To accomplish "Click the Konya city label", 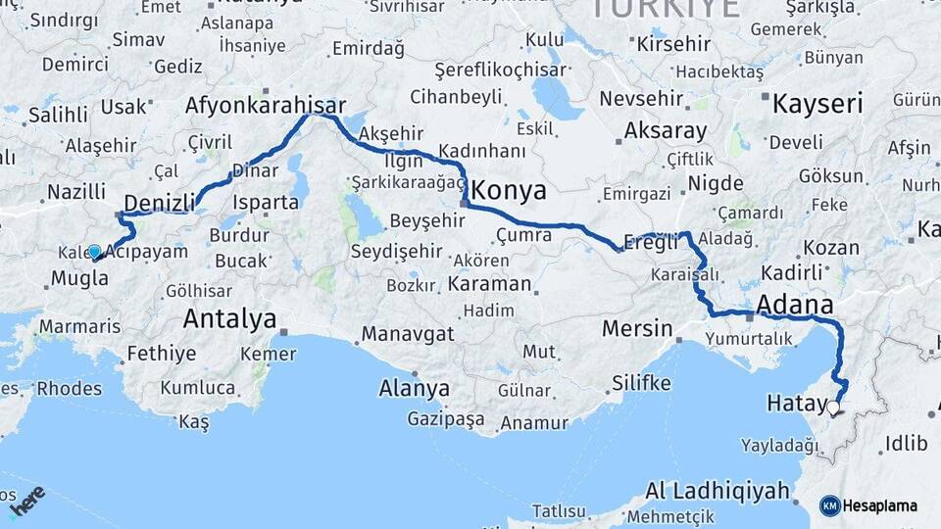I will click(x=510, y=189).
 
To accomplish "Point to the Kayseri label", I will click(x=817, y=103).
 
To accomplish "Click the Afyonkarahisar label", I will click(x=266, y=106).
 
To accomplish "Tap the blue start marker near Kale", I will click(x=94, y=252).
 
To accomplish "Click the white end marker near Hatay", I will click(x=833, y=408).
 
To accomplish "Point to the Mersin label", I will click(x=637, y=328).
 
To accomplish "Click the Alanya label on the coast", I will click(x=414, y=388).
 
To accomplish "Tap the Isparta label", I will click(x=266, y=203).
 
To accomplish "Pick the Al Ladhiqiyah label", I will click(x=718, y=491).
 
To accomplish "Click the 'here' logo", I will click(x=26, y=501).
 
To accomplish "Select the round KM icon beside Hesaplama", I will click(x=830, y=505).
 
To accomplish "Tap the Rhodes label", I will click(x=69, y=388).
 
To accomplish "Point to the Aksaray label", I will click(x=666, y=130).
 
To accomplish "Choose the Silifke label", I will click(x=640, y=382).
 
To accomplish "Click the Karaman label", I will click(x=489, y=284).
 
